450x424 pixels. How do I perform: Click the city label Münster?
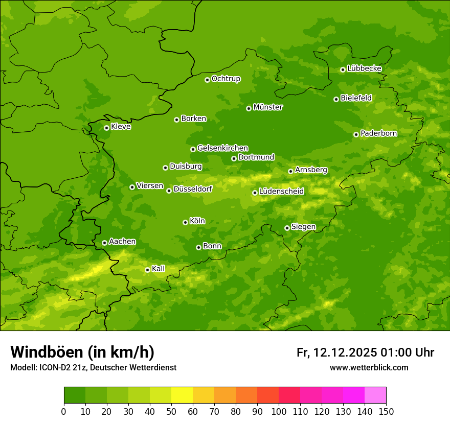click(268, 107)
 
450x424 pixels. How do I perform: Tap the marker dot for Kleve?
click(106, 128)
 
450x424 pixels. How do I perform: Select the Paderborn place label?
click(378, 133)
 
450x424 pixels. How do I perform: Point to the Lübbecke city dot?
click(343, 69)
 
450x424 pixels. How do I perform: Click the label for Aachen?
click(122, 242)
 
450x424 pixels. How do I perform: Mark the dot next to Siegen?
click(287, 228)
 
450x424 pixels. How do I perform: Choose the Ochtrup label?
click(226, 79)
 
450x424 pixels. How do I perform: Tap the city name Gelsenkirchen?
click(222, 148)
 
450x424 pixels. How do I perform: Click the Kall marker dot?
click(147, 270)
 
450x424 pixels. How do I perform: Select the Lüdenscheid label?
click(281, 192)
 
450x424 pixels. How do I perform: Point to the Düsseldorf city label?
click(192, 189)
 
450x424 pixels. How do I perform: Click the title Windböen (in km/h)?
click(82, 352)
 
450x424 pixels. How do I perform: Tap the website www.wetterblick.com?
click(369, 367)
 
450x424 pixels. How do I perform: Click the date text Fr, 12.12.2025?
click(336, 352)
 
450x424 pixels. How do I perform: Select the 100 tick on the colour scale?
click(279, 411)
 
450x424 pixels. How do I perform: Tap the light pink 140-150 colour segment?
click(375, 395)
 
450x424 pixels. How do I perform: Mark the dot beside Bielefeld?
click(336, 99)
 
